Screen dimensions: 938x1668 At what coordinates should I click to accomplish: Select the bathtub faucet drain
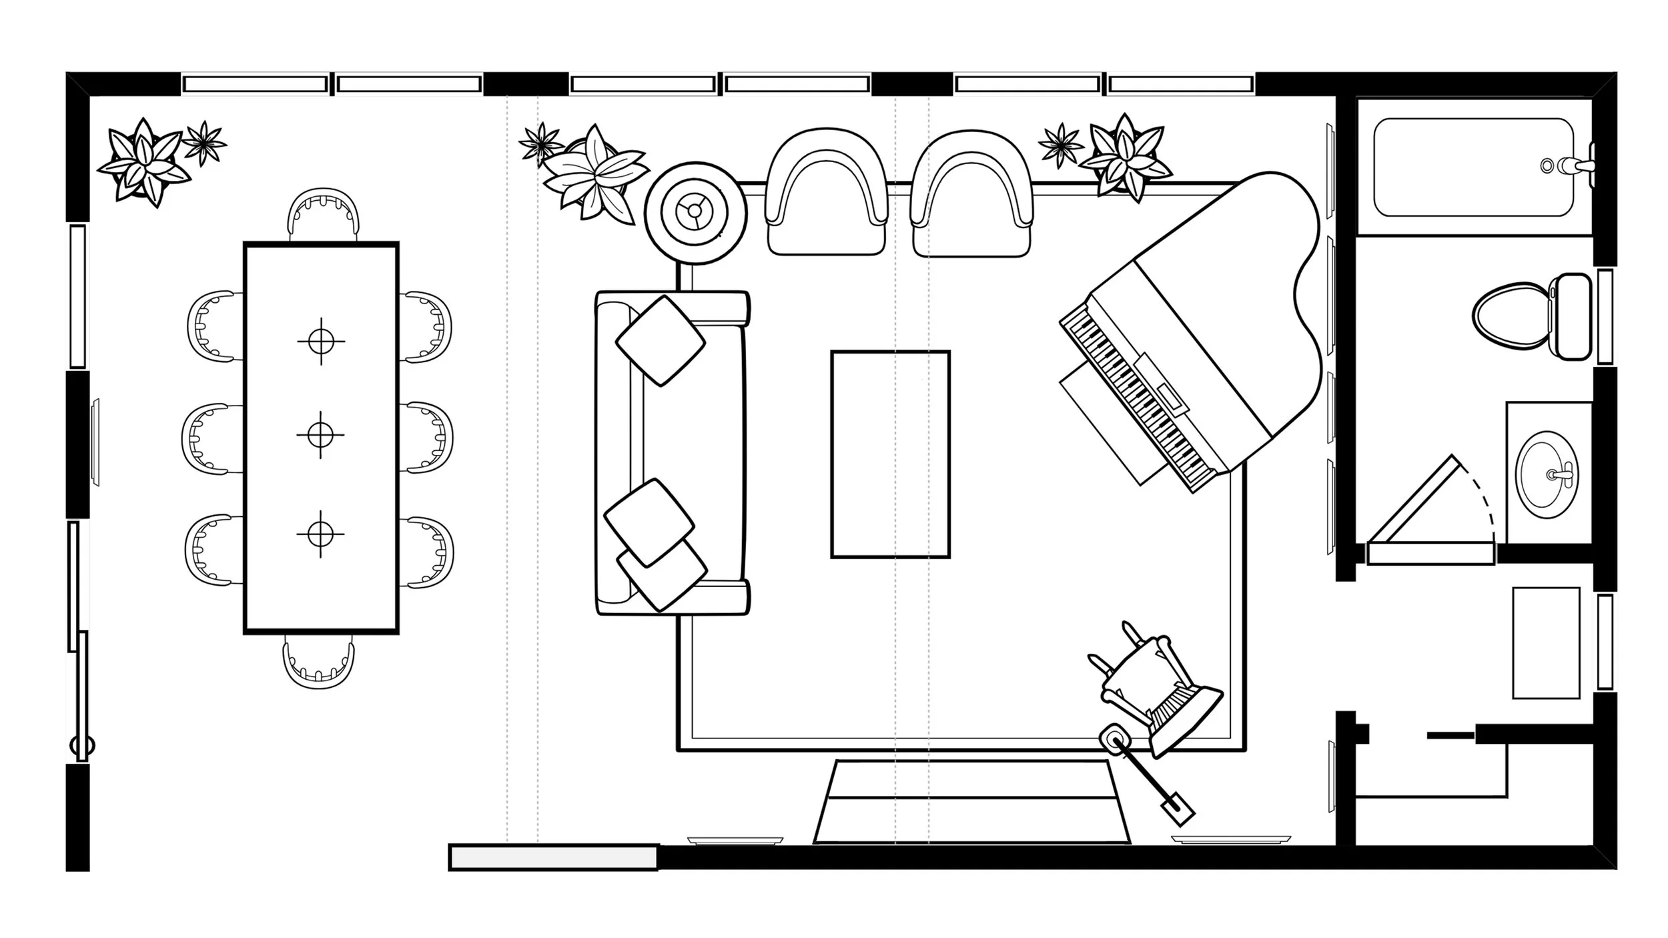1547,165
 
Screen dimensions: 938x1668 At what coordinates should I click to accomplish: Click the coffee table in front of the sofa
890,454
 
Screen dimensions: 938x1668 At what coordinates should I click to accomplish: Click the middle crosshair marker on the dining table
321,435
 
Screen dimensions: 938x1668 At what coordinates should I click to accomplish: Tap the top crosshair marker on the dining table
322,341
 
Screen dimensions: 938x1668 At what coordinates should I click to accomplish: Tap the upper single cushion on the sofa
660,340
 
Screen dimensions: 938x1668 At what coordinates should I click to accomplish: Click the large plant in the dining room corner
141,162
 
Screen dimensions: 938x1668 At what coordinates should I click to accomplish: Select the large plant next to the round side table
594,175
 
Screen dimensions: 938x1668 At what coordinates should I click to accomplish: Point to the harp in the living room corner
1161,700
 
